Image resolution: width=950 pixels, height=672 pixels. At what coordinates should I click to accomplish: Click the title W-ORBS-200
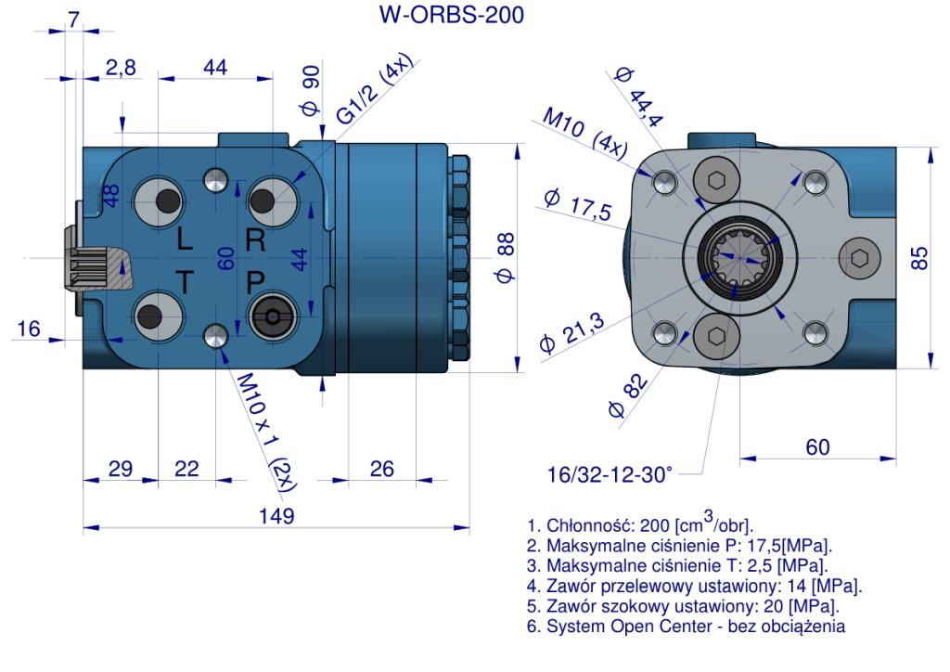point(452,15)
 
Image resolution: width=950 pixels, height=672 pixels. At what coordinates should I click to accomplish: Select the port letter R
point(256,240)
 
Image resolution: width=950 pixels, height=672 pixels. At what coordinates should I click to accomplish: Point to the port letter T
point(185,282)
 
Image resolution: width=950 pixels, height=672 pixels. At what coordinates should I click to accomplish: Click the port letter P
point(256,282)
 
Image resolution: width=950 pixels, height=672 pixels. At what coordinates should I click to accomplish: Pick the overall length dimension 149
point(276,516)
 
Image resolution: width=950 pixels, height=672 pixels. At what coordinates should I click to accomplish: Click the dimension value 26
point(381,469)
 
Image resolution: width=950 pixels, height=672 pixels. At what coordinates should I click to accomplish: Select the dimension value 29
point(121,469)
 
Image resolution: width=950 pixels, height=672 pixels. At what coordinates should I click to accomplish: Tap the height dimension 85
point(919,258)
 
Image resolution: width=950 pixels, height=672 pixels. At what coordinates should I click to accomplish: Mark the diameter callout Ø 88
point(506,257)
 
